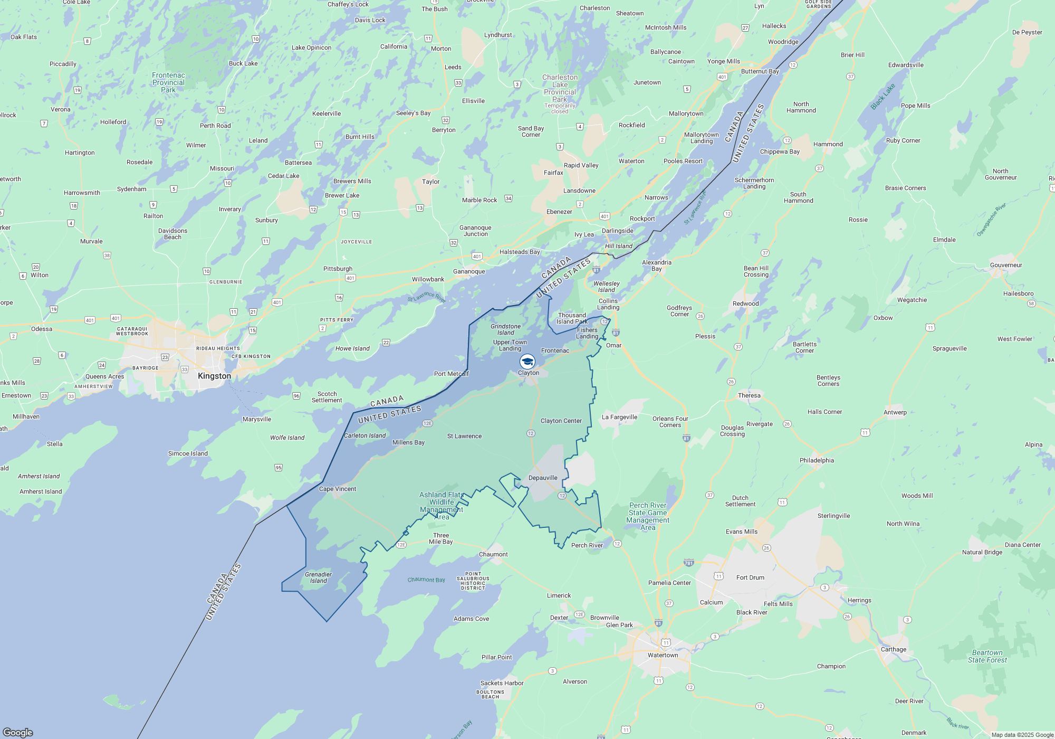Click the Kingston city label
[x=214, y=376]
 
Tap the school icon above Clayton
[x=527, y=362]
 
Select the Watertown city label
[x=663, y=655]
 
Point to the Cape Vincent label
[x=338, y=489]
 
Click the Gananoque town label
[x=469, y=271]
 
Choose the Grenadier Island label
[x=319, y=577]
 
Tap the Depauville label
[x=543, y=478]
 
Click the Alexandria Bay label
[x=657, y=266]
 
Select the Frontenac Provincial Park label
[x=168, y=82]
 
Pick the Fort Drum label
[x=750, y=577]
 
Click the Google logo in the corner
[x=18, y=732]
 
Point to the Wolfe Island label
[x=287, y=438]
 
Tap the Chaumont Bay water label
[x=426, y=580]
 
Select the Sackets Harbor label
[x=502, y=683]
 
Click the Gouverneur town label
[x=1006, y=265]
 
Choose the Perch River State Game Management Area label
[x=648, y=516]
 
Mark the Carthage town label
[x=894, y=649]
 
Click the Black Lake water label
[x=883, y=97]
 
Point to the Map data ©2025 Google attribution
[x=1022, y=735]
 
